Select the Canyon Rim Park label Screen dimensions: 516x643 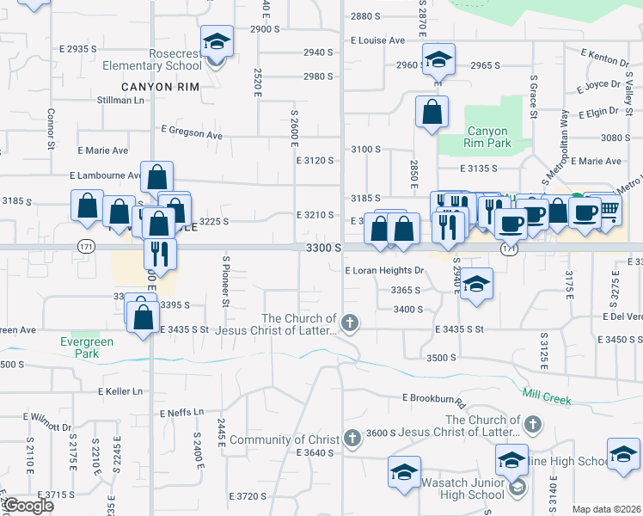click(x=487, y=137)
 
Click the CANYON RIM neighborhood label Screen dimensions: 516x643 click(x=159, y=87)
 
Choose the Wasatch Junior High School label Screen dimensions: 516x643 click(x=462, y=488)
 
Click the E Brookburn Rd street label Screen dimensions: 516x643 click(x=433, y=399)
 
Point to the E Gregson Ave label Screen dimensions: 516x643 click(x=192, y=132)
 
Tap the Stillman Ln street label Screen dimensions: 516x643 click(x=121, y=101)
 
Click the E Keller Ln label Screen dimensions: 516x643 click(x=120, y=391)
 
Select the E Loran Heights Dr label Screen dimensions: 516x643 click(x=384, y=270)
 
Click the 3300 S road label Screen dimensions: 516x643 click(x=325, y=248)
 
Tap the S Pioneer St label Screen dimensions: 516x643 click(x=226, y=280)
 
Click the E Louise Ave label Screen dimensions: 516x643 click(x=377, y=40)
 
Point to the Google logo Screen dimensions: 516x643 click(x=28, y=506)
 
